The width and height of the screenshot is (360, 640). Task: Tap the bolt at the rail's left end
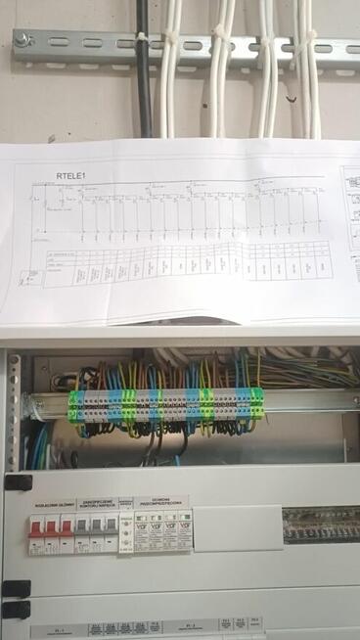click(23, 40)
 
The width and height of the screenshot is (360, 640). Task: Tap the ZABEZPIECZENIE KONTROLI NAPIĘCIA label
click(99, 503)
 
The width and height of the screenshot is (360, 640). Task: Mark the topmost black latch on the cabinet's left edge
click(17, 482)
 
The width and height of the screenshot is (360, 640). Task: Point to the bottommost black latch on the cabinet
click(16, 609)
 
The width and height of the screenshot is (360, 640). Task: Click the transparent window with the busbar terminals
click(320, 525)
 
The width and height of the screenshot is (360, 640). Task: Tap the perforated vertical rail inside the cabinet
click(13, 411)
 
